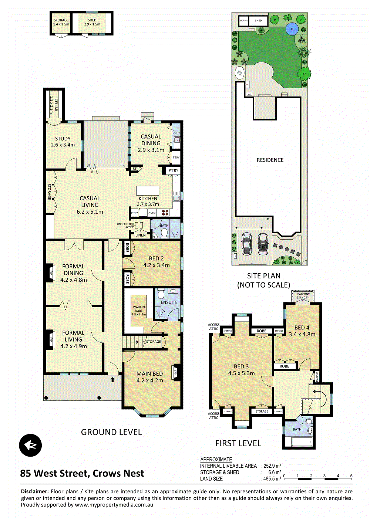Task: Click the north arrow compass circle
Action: pyautogui.click(x=30, y=445)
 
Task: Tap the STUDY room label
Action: pyautogui.click(x=63, y=139)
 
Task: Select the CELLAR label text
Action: pyautogui.click(x=54, y=105)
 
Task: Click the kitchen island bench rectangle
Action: pyautogui.click(x=148, y=190)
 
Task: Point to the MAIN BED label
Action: pyautogui.click(x=149, y=374)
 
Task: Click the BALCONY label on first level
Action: pyautogui.click(x=303, y=294)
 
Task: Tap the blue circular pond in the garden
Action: pyautogui.click(x=292, y=28)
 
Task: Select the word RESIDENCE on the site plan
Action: pyautogui.click(x=270, y=160)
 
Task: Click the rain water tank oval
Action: pyautogui.click(x=239, y=73)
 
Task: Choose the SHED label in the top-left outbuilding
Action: pyautogui.click(x=92, y=20)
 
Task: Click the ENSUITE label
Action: pyautogui.click(x=169, y=302)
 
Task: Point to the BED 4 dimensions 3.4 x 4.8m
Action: pyautogui.click(x=302, y=334)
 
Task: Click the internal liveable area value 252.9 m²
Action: pyautogui.click(x=272, y=466)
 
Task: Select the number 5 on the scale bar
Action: pyautogui.click(x=351, y=476)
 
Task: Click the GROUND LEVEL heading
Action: pyautogui.click(x=111, y=432)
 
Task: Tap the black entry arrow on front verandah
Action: pyautogui.click(x=112, y=379)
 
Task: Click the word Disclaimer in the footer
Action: pyautogui.click(x=35, y=491)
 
